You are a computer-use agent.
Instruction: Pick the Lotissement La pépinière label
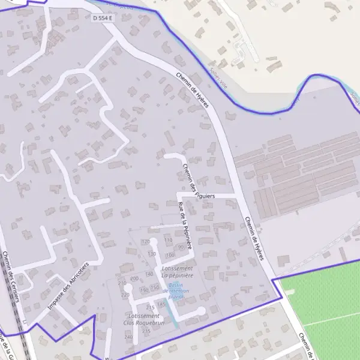(x=176, y=272)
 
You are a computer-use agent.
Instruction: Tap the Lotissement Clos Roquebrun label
(x=144, y=319)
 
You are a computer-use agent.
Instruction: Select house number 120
(x=145, y=241)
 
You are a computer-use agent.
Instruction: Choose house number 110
(x=168, y=240)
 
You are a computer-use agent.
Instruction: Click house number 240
(x=128, y=337)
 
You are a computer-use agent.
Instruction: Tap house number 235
(x=146, y=331)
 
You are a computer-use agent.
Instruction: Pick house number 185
(x=161, y=304)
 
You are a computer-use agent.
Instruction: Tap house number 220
(x=125, y=295)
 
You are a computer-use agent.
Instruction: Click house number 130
(x=152, y=254)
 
